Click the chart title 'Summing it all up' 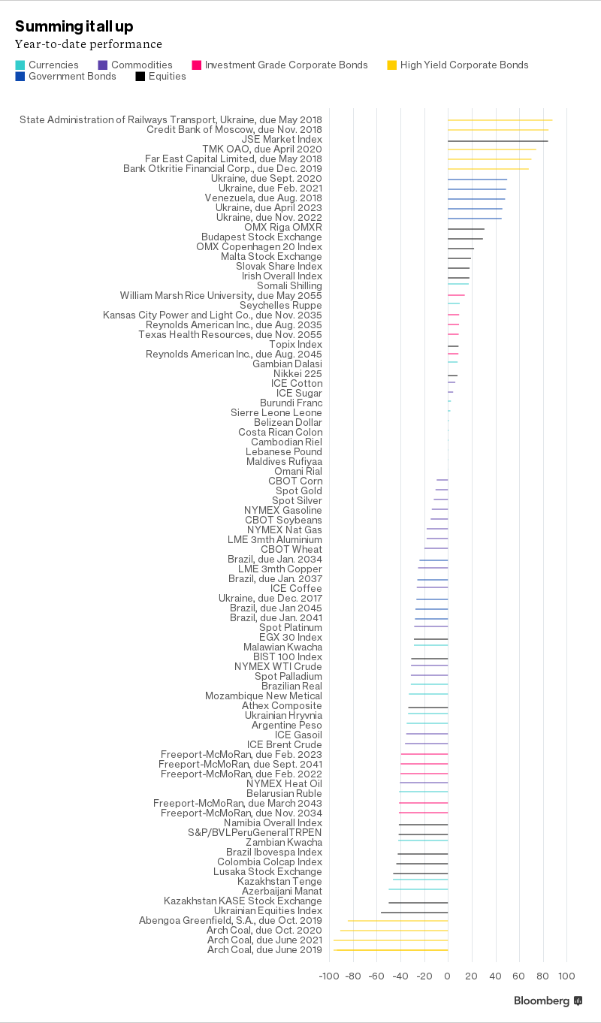(x=74, y=26)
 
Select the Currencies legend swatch (x=20, y=65)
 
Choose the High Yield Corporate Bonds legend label (x=464, y=65)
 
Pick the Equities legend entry (x=167, y=77)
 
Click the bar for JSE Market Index (x=497, y=140)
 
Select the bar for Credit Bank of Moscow (x=497, y=131)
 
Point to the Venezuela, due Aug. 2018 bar (x=476, y=199)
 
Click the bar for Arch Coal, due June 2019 (x=391, y=950)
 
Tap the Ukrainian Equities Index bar (x=414, y=912)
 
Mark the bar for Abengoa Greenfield (x=397, y=921)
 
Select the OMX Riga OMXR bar (x=466, y=228)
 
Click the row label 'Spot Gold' (x=299, y=491)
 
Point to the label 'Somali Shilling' (x=289, y=286)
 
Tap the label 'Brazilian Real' (x=291, y=687)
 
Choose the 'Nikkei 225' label (x=297, y=374)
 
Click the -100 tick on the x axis (x=328, y=976)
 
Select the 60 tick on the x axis (x=518, y=976)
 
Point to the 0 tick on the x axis (x=448, y=976)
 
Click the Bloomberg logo (x=548, y=1001)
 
